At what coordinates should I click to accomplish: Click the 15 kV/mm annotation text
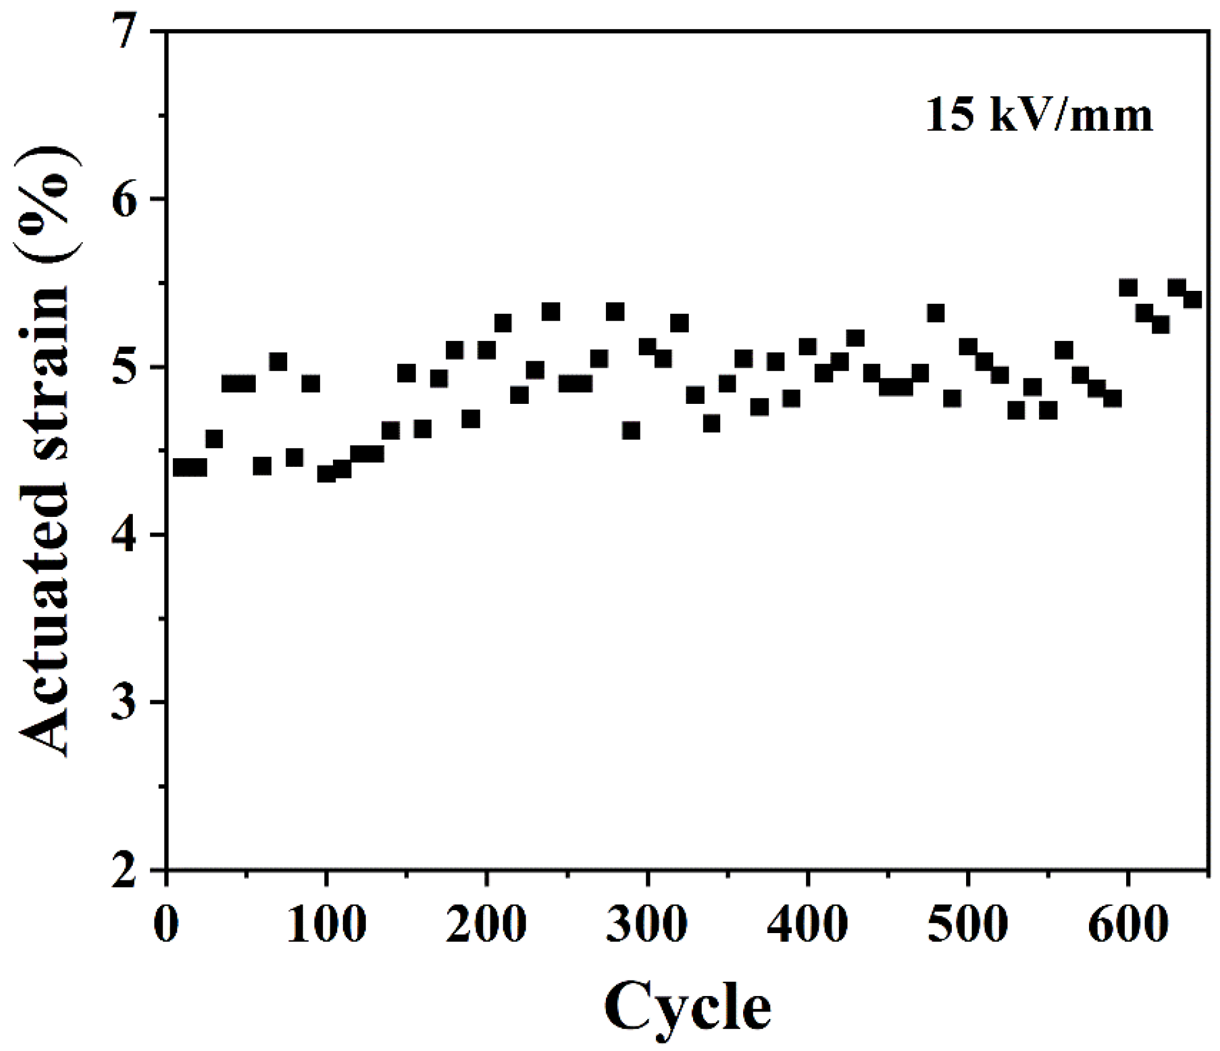(x=1038, y=115)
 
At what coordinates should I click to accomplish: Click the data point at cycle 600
(x=1128, y=288)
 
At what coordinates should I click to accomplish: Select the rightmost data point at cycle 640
(x=1192, y=299)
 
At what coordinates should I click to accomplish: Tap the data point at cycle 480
(x=936, y=313)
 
